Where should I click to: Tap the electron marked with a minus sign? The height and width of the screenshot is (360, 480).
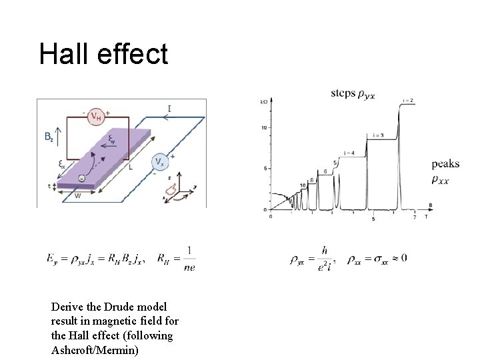click(81, 178)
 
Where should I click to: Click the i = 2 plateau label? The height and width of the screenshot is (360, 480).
click(409, 100)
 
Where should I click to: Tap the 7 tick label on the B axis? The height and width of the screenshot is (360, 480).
click(415, 218)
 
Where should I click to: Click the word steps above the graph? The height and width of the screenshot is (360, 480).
click(343, 94)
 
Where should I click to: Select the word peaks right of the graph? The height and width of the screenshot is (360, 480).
click(445, 164)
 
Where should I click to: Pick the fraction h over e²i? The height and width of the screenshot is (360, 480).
click(324, 258)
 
